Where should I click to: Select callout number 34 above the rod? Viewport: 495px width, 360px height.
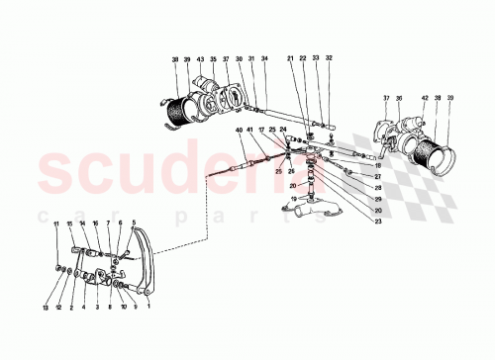264,60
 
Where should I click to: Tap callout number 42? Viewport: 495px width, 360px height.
426,98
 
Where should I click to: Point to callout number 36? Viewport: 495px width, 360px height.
399,98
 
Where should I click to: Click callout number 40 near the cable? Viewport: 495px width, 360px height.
238,132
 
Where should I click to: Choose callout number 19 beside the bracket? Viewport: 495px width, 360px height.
293,199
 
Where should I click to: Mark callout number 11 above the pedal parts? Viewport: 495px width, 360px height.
56,224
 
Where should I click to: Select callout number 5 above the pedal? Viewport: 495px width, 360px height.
133,224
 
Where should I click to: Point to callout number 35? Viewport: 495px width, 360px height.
213,60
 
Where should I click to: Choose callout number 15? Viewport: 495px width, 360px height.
69,224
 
